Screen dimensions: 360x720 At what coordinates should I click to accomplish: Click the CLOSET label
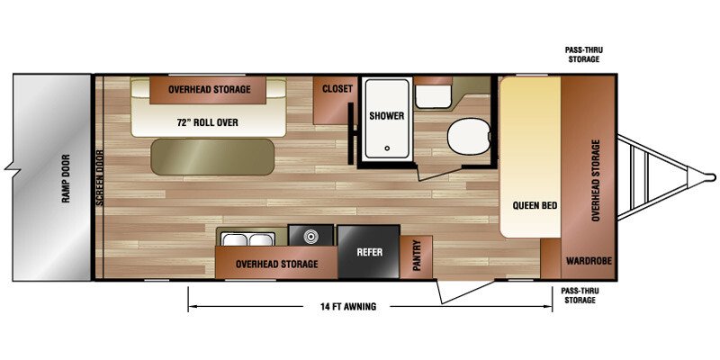pyautogui.click(x=337, y=89)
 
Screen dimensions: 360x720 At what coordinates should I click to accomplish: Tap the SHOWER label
pyautogui.click(x=387, y=116)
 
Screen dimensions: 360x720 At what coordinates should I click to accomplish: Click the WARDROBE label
pyautogui.click(x=589, y=261)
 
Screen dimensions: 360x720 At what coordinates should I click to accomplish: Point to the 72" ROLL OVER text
pyautogui.click(x=207, y=122)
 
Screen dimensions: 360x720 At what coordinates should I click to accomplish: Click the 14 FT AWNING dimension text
pyautogui.click(x=347, y=306)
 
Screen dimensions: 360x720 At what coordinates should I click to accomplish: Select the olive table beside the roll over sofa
pyautogui.click(x=212, y=157)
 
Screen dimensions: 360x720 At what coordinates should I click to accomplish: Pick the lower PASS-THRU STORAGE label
pyautogui.click(x=578, y=295)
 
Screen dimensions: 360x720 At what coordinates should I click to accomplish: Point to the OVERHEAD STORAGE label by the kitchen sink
pyautogui.click(x=276, y=265)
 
